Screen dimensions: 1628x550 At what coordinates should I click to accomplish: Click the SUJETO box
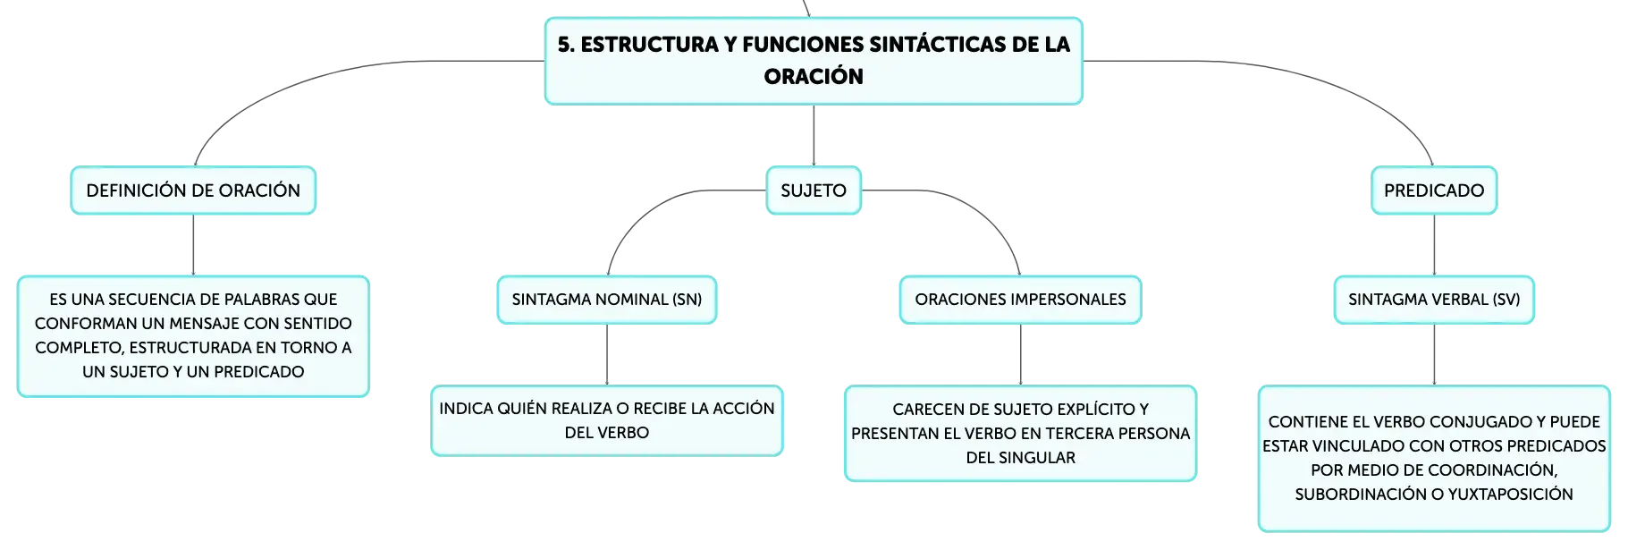coord(814,190)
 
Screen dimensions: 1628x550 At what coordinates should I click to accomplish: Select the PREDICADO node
coord(1434,190)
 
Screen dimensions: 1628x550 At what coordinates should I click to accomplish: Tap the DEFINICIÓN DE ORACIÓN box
coord(193,190)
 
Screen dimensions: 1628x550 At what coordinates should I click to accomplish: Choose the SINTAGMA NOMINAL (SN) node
coord(607,300)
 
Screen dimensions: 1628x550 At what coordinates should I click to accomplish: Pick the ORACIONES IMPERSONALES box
coord(1020,300)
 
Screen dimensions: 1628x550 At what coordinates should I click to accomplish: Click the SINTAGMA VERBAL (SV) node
coord(1434,300)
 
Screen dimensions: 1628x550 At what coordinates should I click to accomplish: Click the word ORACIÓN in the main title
coord(814,77)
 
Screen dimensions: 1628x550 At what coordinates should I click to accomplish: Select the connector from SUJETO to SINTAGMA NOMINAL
coord(659,206)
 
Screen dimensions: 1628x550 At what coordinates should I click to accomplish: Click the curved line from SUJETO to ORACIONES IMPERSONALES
coord(969,206)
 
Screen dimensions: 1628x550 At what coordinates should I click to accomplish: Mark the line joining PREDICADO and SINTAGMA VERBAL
coord(1434,245)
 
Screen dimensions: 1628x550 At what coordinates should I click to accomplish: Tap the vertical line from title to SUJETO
coord(814,135)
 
